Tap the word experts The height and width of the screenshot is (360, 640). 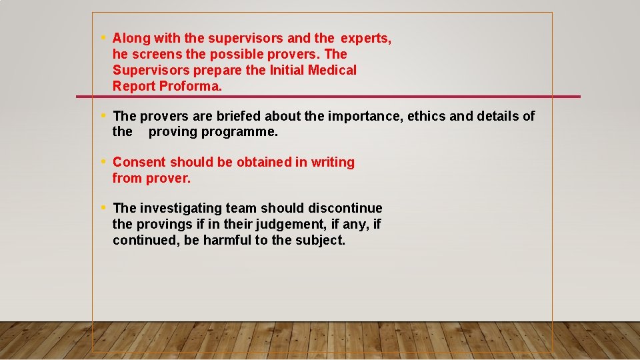[x=366, y=39]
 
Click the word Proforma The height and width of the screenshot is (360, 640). [x=191, y=86]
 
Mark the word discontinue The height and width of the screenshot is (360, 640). [x=345, y=209]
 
